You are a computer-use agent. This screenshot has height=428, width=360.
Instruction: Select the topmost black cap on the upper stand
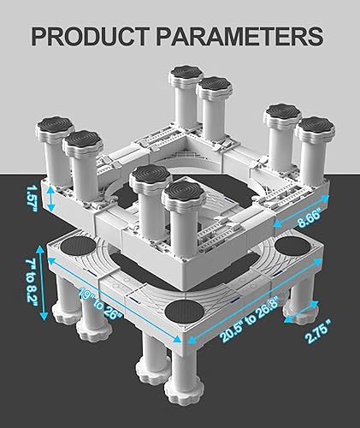(x=184, y=73)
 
